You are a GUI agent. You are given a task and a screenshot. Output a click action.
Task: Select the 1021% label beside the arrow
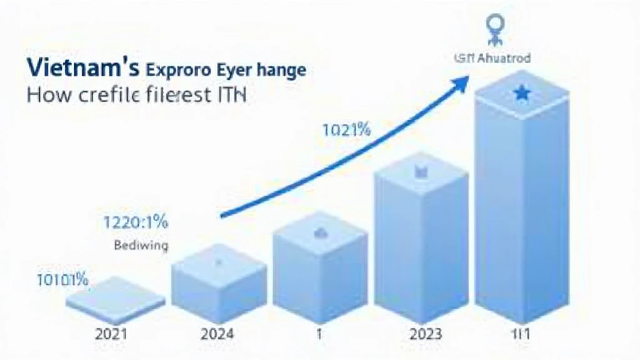click(347, 131)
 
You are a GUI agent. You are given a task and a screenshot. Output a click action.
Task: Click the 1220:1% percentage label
click(135, 222)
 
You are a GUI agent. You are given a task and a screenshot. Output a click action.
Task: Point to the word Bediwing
click(141, 246)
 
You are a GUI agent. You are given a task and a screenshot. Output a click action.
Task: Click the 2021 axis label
click(111, 334)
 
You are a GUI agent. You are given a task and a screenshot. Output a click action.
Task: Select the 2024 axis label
click(217, 334)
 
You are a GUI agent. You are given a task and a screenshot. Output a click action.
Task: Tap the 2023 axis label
click(426, 334)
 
